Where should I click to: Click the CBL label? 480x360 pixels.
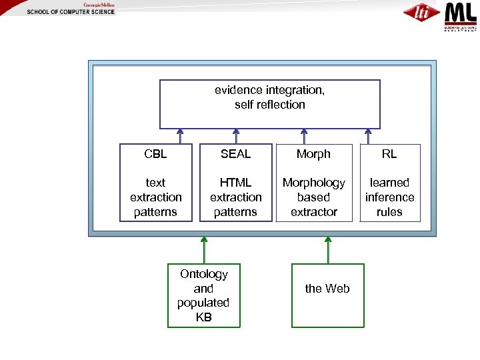(x=155, y=154)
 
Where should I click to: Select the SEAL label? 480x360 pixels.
(x=235, y=154)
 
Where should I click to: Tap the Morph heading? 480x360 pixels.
(x=313, y=154)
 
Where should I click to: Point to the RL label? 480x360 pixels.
(x=389, y=154)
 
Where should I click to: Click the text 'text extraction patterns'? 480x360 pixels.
(x=155, y=197)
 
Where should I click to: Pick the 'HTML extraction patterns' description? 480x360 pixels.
(x=235, y=197)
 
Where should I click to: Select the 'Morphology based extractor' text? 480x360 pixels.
(x=313, y=197)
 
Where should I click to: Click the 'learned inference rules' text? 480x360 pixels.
(x=389, y=197)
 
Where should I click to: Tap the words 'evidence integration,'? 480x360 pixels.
(x=269, y=90)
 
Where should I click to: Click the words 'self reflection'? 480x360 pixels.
(x=269, y=105)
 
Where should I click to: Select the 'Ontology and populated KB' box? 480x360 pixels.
(x=203, y=295)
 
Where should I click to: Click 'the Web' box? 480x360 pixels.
(x=327, y=295)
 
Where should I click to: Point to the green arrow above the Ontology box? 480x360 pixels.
(x=204, y=250)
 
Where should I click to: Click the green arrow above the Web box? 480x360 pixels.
(x=328, y=250)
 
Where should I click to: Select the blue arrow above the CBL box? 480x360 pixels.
(x=180, y=136)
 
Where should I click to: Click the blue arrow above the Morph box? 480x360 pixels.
(x=304, y=136)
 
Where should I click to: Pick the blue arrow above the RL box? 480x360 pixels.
(x=367, y=136)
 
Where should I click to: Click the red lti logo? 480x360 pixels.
(x=421, y=13)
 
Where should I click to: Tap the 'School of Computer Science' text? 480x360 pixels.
(x=71, y=13)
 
